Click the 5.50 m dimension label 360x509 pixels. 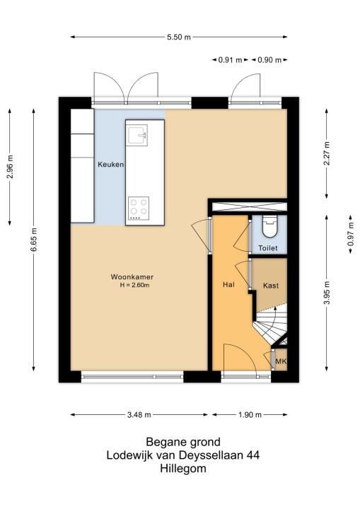(179, 37)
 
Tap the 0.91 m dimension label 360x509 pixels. (230, 60)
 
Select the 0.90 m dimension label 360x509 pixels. (269, 60)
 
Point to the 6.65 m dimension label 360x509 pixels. (33, 240)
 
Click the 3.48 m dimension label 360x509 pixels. (139, 415)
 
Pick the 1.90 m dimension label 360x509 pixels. (250, 415)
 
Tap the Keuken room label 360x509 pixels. (111, 165)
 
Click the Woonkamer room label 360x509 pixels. (132, 277)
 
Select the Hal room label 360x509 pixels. (228, 285)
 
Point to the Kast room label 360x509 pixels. (271, 286)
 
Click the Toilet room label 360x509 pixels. (268, 248)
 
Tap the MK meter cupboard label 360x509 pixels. (281, 361)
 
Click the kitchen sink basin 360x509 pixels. (137, 135)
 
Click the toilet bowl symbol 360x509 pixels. (269, 227)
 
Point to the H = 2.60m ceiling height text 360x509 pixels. (134, 286)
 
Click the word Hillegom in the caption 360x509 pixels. (183, 469)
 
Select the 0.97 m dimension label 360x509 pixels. (350, 234)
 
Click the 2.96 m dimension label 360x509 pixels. (10, 167)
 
